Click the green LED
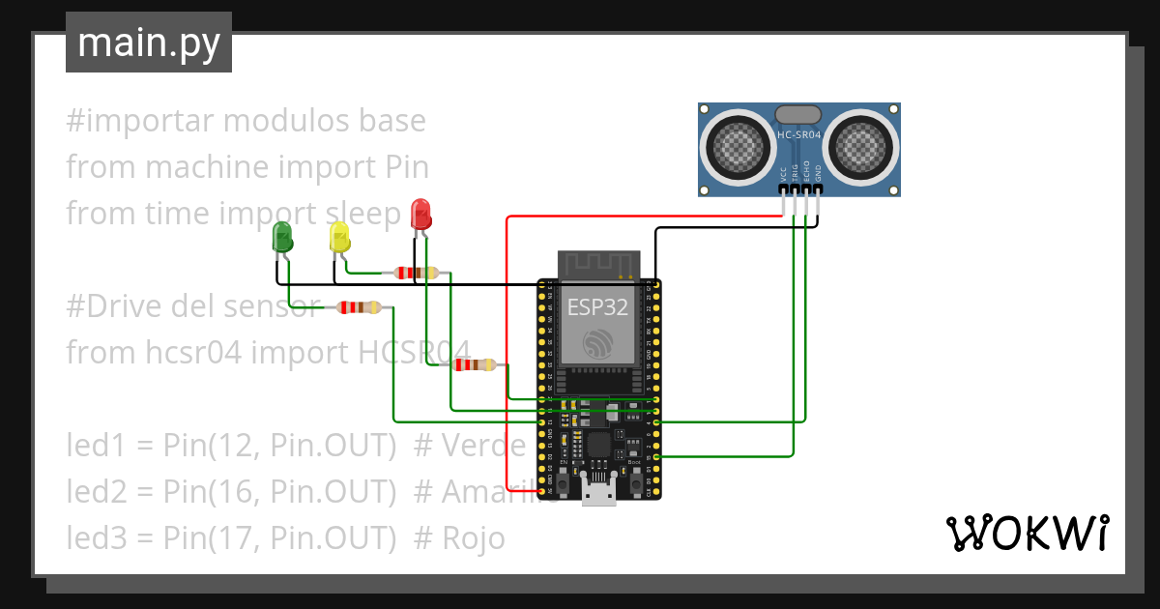pos(282,236)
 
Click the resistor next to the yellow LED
pos(416,273)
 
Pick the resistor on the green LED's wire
pos(358,307)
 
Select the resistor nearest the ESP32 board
pos(474,364)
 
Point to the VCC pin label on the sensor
pos(783,174)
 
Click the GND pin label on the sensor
pos(818,174)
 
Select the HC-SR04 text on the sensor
pos(798,136)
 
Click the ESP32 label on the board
pos(596,307)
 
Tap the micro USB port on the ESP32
pos(599,491)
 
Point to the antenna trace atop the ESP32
pos(598,262)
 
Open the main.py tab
pos(149,43)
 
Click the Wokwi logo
pos(1027,533)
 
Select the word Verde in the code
pos(483,445)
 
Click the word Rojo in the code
pos(474,537)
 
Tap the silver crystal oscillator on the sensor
pos(798,115)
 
